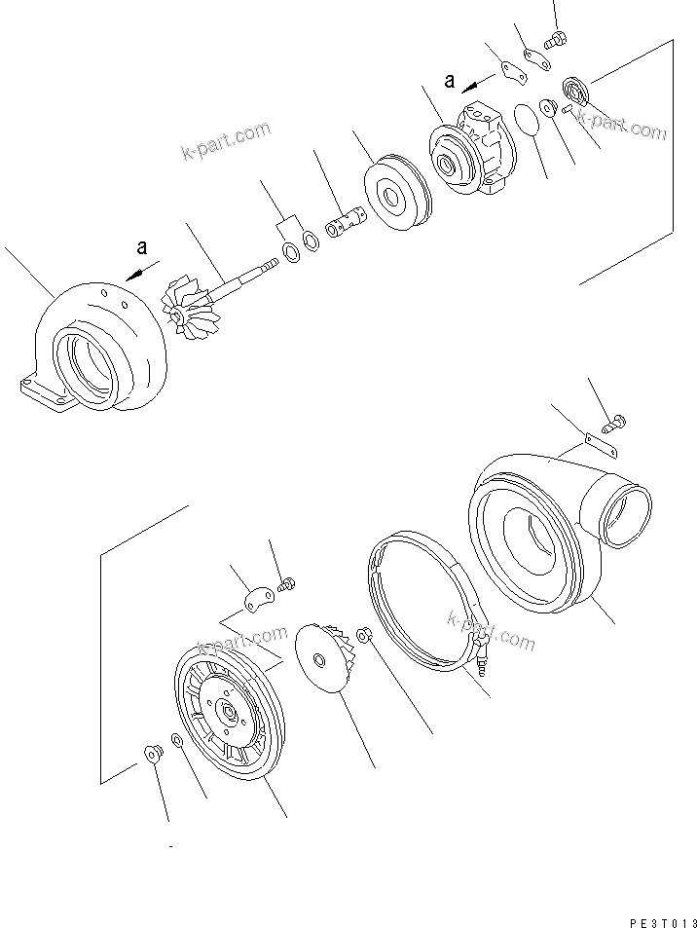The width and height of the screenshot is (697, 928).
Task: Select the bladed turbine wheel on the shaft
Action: point(186,306)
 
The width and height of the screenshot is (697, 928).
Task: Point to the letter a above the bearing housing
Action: point(450,82)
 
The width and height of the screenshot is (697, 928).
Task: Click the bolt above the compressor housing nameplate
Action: point(614,423)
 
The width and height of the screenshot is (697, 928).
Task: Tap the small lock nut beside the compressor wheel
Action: point(363,636)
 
